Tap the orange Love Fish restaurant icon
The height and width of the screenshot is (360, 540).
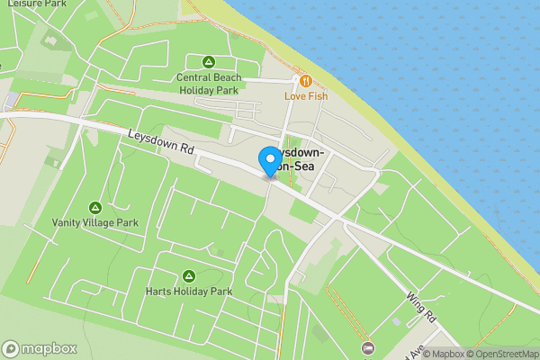[x=306, y=81]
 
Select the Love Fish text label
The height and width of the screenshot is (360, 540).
[x=306, y=95]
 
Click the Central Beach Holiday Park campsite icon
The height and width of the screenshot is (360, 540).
[x=208, y=62]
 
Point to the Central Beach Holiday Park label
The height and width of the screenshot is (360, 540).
[x=208, y=84]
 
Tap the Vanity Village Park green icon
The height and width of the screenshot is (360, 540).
[x=95, y=208]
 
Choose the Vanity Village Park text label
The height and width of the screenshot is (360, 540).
[x=94, y=222]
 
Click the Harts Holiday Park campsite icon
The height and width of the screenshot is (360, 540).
[x=189, y=276]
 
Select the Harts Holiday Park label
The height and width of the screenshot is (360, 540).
[x=189, y=292]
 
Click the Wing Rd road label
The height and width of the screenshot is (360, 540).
[x=420, y=308]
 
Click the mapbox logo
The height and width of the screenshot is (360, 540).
[x=40, y=349]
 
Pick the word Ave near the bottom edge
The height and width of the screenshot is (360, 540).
[x=393, y=349]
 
